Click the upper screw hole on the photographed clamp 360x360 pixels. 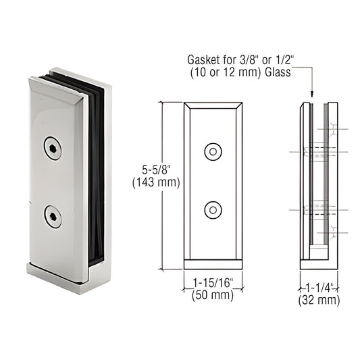click(51, 148)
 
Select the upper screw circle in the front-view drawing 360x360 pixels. click(213, 152)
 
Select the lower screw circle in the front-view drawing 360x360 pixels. click(213, 210)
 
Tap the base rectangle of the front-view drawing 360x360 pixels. click(213, 265)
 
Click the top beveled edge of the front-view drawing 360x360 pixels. click(213, 105)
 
